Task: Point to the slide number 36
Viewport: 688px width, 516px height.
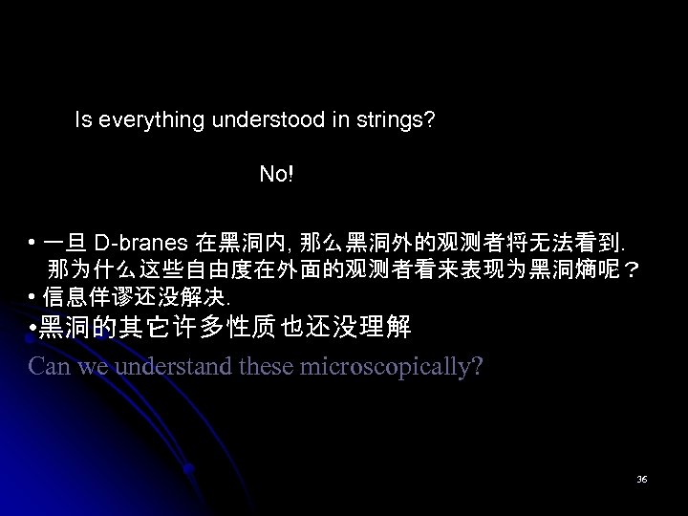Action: pyautogui.click(x=642, y=479)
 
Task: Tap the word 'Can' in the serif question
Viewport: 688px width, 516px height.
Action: pyautogui.click(x=49, y=365)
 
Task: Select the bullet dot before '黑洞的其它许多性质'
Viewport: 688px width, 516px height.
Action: pyautogui.click(x=33, y=330)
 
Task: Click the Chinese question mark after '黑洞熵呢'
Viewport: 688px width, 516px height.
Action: pyautogui.click(x=632, y=267)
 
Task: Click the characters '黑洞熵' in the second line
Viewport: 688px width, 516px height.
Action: pyautogui.click(x=556, y=267)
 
